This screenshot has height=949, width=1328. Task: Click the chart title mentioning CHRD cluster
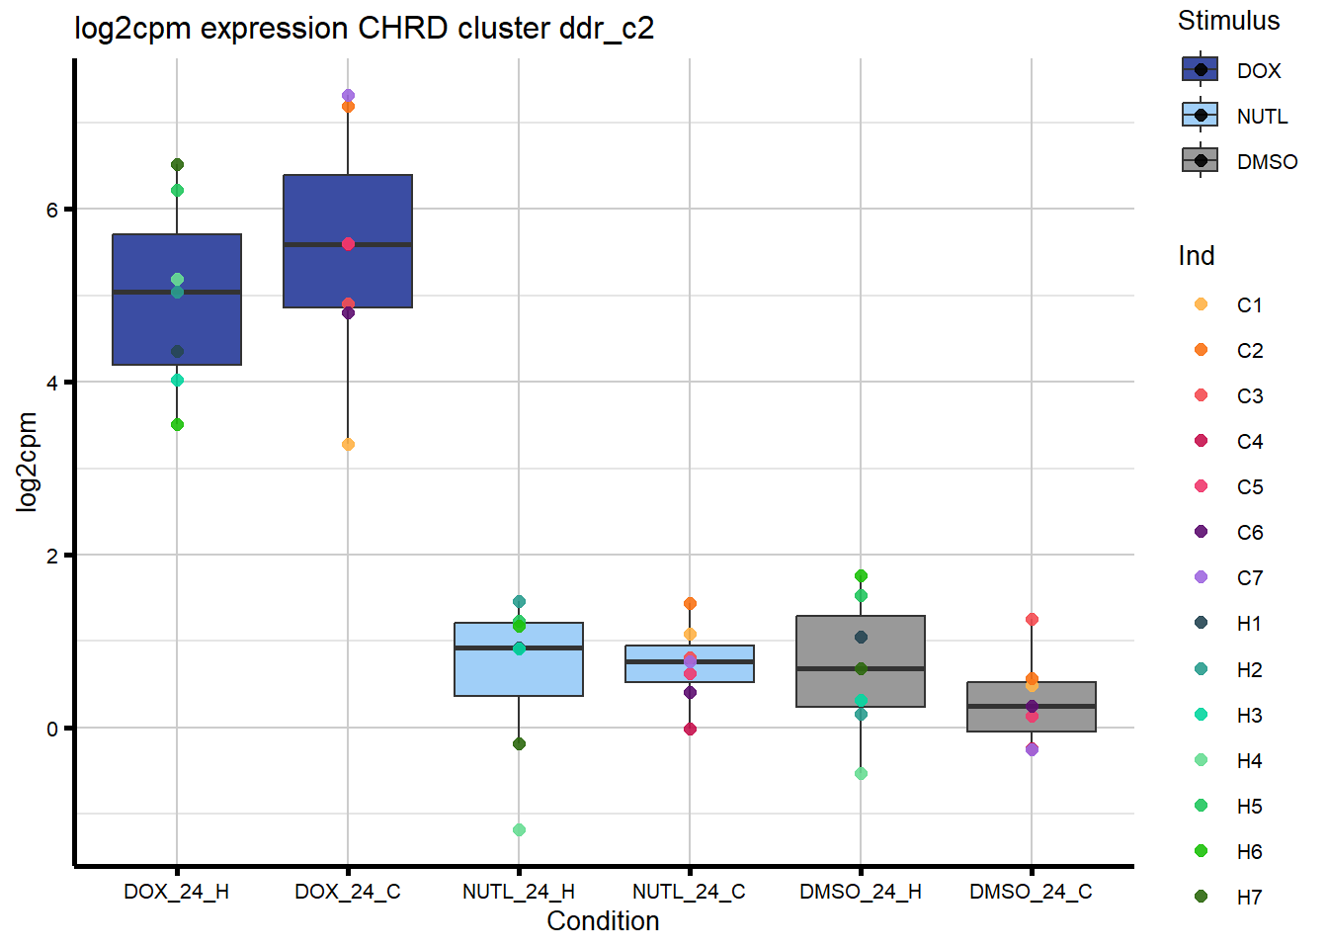[364, 28]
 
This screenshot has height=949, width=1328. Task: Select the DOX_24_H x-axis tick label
[176, 892]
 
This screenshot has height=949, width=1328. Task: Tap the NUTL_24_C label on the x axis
[689, 892]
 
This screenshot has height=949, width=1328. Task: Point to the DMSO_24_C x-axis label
[1031, 892]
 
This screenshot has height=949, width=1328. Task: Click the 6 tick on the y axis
[52, 210]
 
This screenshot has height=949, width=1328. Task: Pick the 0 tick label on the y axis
[52, 730]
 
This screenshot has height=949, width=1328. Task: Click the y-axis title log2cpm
[27, 462]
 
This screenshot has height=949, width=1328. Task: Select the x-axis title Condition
[603, 921]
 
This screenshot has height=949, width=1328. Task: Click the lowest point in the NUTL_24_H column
[519, 830]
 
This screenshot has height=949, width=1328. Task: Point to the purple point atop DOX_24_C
[348, 96]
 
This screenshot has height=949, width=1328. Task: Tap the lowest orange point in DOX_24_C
[348, 445]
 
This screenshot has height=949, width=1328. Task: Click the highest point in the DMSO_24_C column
[1032, 620]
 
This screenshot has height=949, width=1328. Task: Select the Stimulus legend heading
[1228, 21]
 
